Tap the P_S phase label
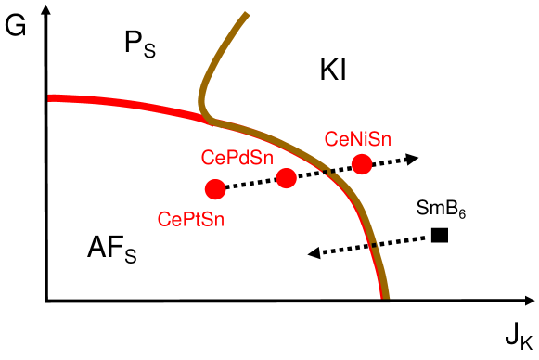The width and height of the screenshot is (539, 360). pyautogui.click(x=141, y=43)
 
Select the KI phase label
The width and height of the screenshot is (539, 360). pyautogui.click(x=332, y=71)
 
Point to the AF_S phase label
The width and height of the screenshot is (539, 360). pyautogui.click(x=111, y=248)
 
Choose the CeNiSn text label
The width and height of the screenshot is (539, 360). pyautogui.click(x=358, y=139)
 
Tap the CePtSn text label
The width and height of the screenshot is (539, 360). pyautogui.click(x=192, y=220)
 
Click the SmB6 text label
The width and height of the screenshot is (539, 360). pyautogui.click(x=441, y=212)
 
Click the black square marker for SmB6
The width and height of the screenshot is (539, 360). pyautogui.click(x=440, y=236)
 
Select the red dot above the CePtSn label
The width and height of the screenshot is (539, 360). pyautogui.click(x=215, y=189)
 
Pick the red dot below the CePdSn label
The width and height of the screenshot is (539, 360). pyautogui.click(x=286, y=177)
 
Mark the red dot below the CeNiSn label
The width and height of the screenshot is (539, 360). pyautogui.click(x=362, y=164)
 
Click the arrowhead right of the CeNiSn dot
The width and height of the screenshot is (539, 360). pyautogui.click(x=414, y=158)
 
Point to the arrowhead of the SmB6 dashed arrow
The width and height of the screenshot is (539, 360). pyautogui.click(x=314, y=251)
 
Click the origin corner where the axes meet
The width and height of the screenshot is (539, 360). pyautogui.click(x=45, y=301)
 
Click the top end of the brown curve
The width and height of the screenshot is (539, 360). pyautogui.click(x=247, y=14)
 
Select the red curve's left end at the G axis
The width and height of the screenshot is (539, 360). pyautogui.click(x=48, y=96)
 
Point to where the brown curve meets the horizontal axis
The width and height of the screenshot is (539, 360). pyautogui.click(x=384, y=299)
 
